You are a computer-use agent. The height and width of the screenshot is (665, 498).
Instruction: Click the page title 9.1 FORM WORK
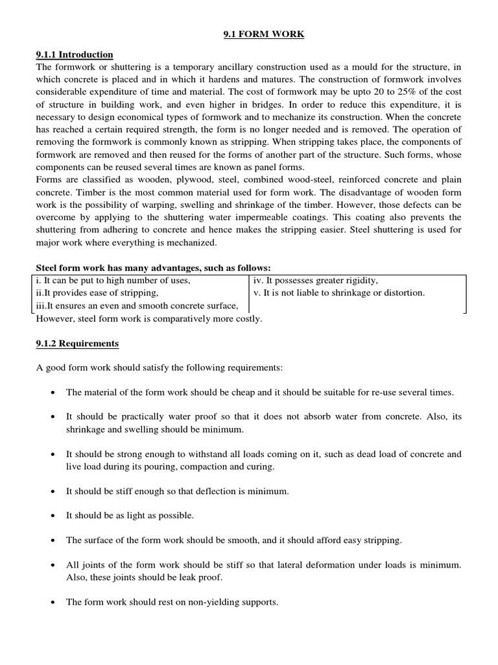pos(249,34)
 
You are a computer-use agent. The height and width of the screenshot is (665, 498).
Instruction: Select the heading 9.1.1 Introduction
pos(75,55)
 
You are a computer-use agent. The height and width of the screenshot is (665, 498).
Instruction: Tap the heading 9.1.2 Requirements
pos(77,343)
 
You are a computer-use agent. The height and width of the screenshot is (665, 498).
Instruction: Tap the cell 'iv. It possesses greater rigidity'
pos(316,281)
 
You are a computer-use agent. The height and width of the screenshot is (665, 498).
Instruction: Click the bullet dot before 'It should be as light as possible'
pos(52,516)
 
